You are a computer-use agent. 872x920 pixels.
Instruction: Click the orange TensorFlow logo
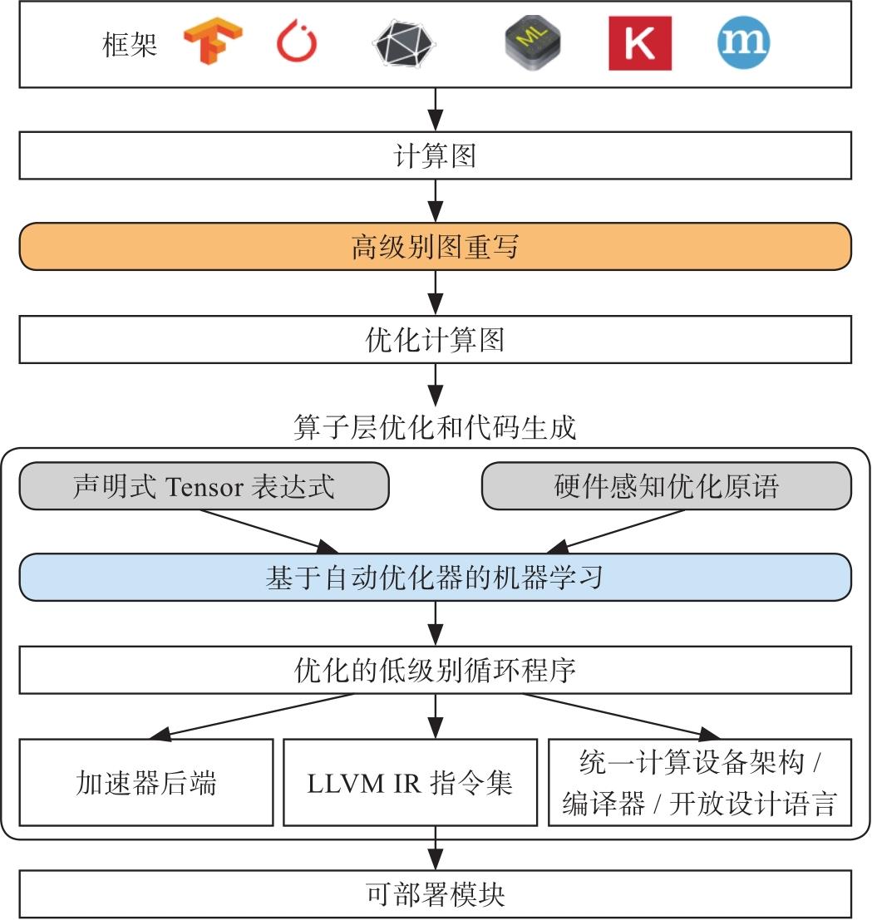[x=213, y=43]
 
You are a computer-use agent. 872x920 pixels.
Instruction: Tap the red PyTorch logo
[x=297, y=43]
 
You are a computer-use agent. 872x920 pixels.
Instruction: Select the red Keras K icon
[x=639, y=43]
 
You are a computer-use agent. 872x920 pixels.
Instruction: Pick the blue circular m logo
[x=743, y=42]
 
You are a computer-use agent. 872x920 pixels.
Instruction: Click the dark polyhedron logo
[x=404, y=43]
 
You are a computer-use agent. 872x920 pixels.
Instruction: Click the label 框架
[x=130, y=44]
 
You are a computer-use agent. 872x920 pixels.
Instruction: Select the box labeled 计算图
[x=435, y=156]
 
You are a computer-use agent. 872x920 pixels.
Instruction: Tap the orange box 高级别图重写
[x=435, y=247]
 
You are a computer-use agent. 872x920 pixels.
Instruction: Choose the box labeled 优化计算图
[x=435, y=340]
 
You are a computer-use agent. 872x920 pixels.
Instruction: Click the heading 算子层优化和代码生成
[x=435, y=428]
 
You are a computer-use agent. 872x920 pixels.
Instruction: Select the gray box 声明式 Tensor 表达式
[x=204, y=485]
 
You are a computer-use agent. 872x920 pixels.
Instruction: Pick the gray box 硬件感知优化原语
[x=667, y=485]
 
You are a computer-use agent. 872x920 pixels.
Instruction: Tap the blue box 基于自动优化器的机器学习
[x=435, y=578]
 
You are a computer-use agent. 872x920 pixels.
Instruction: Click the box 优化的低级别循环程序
[x=435, y=670]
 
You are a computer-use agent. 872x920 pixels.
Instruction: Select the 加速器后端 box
[x=146, y=783]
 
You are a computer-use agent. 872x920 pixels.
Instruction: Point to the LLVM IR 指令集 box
[x=410, y=783]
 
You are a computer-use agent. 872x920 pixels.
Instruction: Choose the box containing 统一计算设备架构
[x=699, y=783]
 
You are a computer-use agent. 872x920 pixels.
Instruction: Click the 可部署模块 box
[x=435, y=894]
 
